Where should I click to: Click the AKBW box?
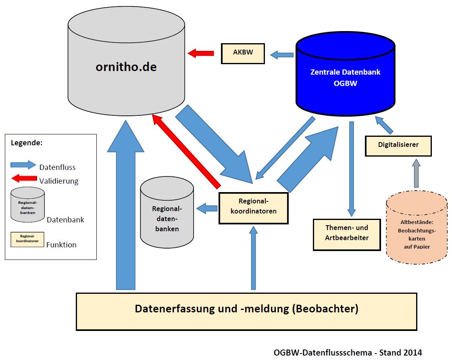243,53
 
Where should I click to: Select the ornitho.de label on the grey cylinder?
126,67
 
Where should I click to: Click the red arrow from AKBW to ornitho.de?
201,53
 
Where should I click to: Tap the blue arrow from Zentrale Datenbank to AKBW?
282,54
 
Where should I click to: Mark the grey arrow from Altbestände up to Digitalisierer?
416,173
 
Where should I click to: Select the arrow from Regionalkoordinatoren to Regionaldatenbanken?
207,209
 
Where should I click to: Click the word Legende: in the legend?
27,143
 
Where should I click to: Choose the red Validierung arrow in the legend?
23,178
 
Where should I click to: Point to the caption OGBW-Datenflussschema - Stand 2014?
348,352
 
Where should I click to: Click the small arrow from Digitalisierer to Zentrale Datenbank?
384,125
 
